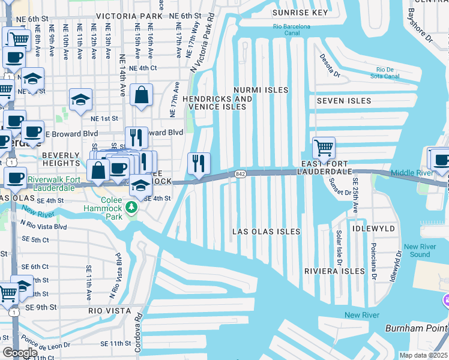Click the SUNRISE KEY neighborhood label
coord(300,13)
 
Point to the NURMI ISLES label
coord(261,90)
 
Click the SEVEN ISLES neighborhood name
coord(344,101)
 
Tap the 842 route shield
coord(241,174)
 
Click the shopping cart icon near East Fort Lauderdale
coord(324,147)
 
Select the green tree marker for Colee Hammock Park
coord(132,208)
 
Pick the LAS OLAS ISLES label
coord(266,232)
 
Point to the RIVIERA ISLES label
coord(334,271)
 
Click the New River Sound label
coord(425,251)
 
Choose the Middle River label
coord(411,173)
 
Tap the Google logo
coord(20,353)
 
